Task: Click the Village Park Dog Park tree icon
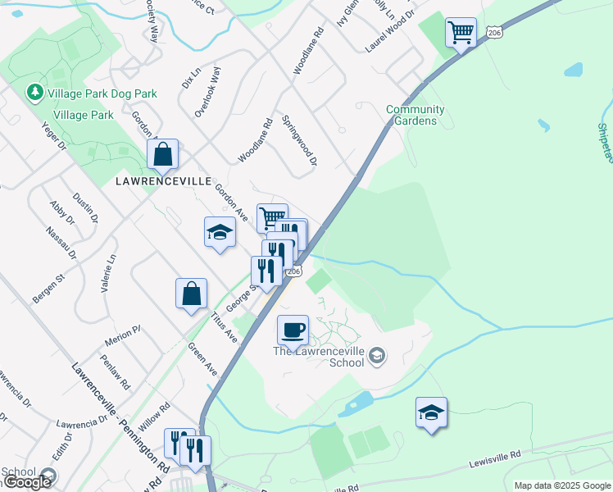[35, 93]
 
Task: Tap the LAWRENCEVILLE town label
[163, 180]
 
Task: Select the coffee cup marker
[293, 330]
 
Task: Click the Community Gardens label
[415, 115]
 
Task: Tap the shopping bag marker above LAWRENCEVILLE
[163, 153]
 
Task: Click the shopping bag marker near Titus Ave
[191, 294]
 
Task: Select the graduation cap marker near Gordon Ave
[220, 232]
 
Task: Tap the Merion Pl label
[123, 335]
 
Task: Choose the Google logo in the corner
[27, 482]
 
